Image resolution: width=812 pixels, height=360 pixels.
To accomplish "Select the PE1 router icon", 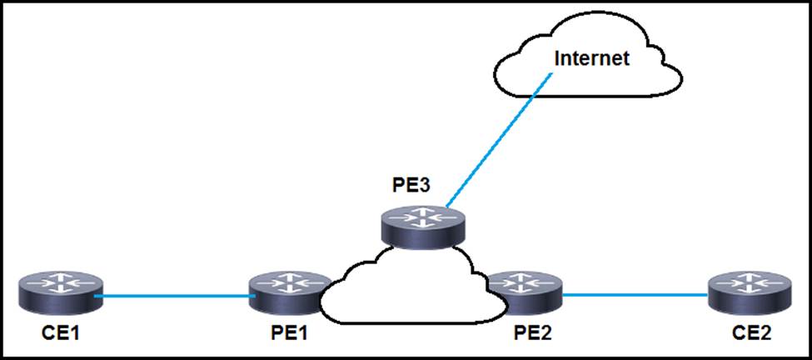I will click(287, 294).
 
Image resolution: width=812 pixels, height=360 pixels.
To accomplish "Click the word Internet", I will click(591, 58).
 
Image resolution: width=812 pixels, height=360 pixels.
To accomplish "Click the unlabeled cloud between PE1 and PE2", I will click(408, 292).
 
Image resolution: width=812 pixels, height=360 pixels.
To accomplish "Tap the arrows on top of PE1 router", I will click(287, 283).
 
